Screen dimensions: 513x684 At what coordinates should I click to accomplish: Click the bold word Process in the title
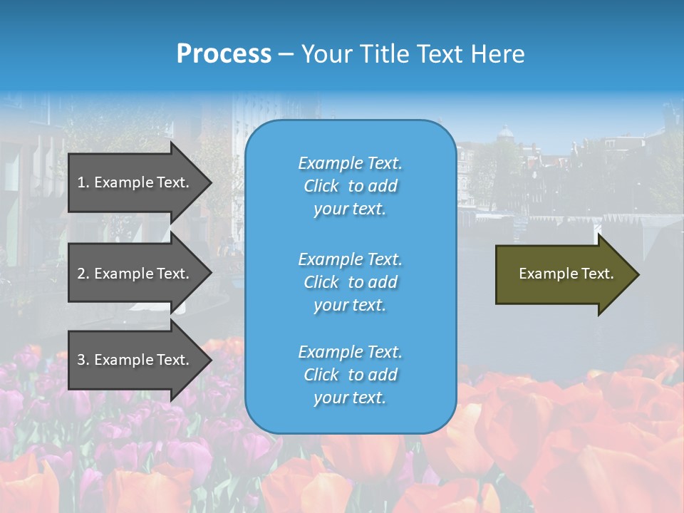coord(224,54)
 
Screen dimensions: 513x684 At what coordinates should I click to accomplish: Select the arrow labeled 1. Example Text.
coord(135,182)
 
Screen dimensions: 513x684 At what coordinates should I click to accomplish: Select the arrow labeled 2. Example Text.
coord(135,274)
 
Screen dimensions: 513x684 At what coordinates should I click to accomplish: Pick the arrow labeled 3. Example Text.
coord(135,360)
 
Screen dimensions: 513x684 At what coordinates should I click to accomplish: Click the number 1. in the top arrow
coord(83,182)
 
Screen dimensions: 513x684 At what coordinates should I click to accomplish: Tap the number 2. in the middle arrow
coord(83,274)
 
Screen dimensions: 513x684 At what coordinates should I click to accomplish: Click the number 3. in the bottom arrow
coord(83,360)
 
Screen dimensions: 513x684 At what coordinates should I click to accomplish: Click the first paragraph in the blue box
coord(350,186)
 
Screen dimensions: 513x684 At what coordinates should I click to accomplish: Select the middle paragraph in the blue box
coord(350,282)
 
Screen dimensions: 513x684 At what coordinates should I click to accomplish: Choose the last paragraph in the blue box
coord(350,375)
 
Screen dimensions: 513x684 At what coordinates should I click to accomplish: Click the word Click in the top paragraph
coord(321,186)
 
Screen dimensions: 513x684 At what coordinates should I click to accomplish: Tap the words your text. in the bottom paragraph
coord(350,398)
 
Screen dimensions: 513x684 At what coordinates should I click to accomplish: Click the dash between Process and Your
coord(286,54)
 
